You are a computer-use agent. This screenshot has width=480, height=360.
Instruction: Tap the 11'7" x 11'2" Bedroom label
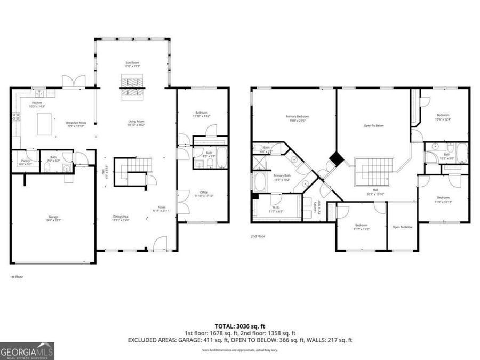(x=361, y=227)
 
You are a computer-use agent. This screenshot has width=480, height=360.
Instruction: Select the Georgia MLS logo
(x=27, y=351)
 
